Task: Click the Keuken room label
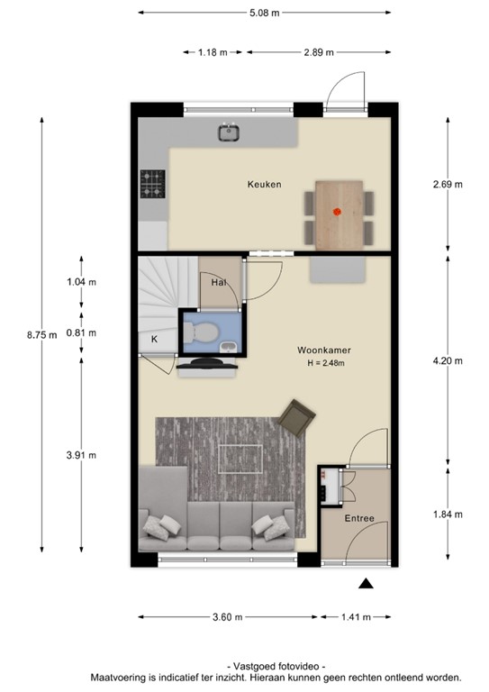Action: pos(264,185)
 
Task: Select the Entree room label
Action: pos(358,518)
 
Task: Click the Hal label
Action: pos(218,282)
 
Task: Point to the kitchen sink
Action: pos(230,133)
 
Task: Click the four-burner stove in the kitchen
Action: pos(152,184)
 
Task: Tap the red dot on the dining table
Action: pos(338,213)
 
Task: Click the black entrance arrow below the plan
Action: pos(366,585)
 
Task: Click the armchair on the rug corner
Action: pos(296,417)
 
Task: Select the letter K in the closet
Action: pos(154,339)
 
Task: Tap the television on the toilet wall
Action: pos(207,365)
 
